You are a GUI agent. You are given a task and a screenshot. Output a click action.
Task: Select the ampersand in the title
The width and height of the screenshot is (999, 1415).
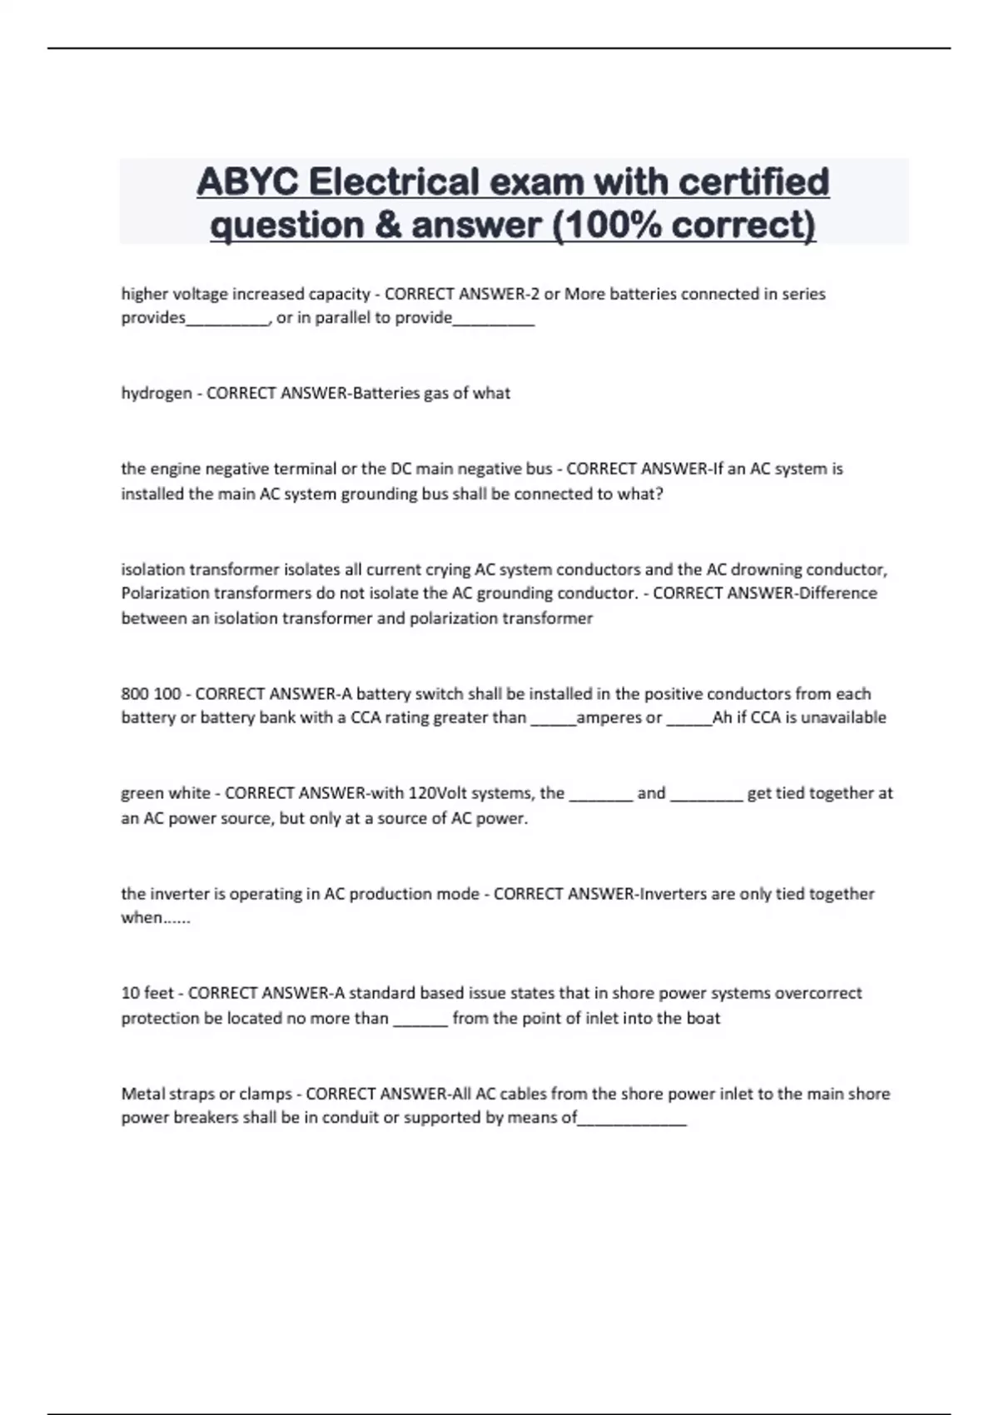tap(388, 226)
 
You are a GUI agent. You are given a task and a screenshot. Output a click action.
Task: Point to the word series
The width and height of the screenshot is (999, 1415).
tap(803, 294)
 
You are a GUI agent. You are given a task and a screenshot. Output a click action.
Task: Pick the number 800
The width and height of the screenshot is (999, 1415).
tap(135, 694)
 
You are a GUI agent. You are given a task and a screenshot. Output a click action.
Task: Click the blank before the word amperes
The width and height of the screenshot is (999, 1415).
tap(553, 718)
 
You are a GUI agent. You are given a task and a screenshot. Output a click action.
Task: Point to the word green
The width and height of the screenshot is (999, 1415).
tap(142, 793)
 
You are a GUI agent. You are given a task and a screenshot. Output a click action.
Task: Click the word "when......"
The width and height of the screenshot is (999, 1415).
tap(156, 918)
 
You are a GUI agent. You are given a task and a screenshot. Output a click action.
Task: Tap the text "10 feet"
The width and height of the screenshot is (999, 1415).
tap(147, 993)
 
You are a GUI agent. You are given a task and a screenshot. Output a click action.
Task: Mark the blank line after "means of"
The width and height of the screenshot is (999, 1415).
tap(632, 1120)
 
